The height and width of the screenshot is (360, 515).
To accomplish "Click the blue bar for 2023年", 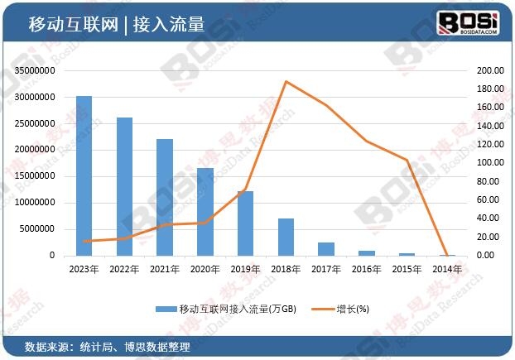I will click(x=84, y=175).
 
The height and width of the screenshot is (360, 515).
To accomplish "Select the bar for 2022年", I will click(x=124, y=186).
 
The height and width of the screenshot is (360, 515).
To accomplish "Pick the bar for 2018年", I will click(x=286, y=237).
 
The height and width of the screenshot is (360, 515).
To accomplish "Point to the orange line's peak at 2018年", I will click(x=286, y=81).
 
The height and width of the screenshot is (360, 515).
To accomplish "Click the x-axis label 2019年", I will click(x=245, y=268).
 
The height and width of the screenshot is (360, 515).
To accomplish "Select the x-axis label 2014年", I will click(x=448, y=268).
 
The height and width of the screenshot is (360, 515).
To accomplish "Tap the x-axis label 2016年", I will click(x=367, y=268).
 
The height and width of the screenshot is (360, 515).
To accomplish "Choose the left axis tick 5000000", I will click(x=37, y=229).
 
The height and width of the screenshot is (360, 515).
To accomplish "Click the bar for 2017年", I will click(x=326, y=248).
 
